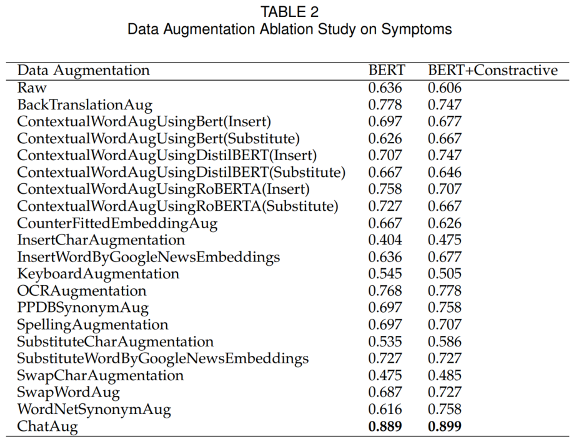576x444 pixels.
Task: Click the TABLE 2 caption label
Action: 289,12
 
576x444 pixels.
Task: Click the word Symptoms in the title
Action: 417,29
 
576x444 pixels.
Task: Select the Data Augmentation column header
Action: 84,70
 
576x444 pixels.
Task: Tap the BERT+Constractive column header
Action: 493,70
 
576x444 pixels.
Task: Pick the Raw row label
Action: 32,88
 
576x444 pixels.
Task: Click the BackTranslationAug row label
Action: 85,105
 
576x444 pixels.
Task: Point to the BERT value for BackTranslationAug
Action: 385,105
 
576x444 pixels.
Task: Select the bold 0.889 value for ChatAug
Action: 385,426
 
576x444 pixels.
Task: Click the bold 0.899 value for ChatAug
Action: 444,426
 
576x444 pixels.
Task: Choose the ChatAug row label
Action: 47,426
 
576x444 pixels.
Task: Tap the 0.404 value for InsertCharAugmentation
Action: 385,240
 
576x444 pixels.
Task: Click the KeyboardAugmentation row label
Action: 98,274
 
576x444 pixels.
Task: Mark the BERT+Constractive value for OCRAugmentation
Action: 444,291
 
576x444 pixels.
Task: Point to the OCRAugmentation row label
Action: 82,291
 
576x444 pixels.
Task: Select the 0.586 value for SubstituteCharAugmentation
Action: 444,341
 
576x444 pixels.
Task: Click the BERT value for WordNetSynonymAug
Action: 385,409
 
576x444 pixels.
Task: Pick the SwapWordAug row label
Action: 68,393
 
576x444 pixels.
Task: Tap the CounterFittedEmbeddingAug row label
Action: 117,223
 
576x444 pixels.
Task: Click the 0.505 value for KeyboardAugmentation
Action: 444,274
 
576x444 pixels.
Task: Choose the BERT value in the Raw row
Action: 385,88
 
